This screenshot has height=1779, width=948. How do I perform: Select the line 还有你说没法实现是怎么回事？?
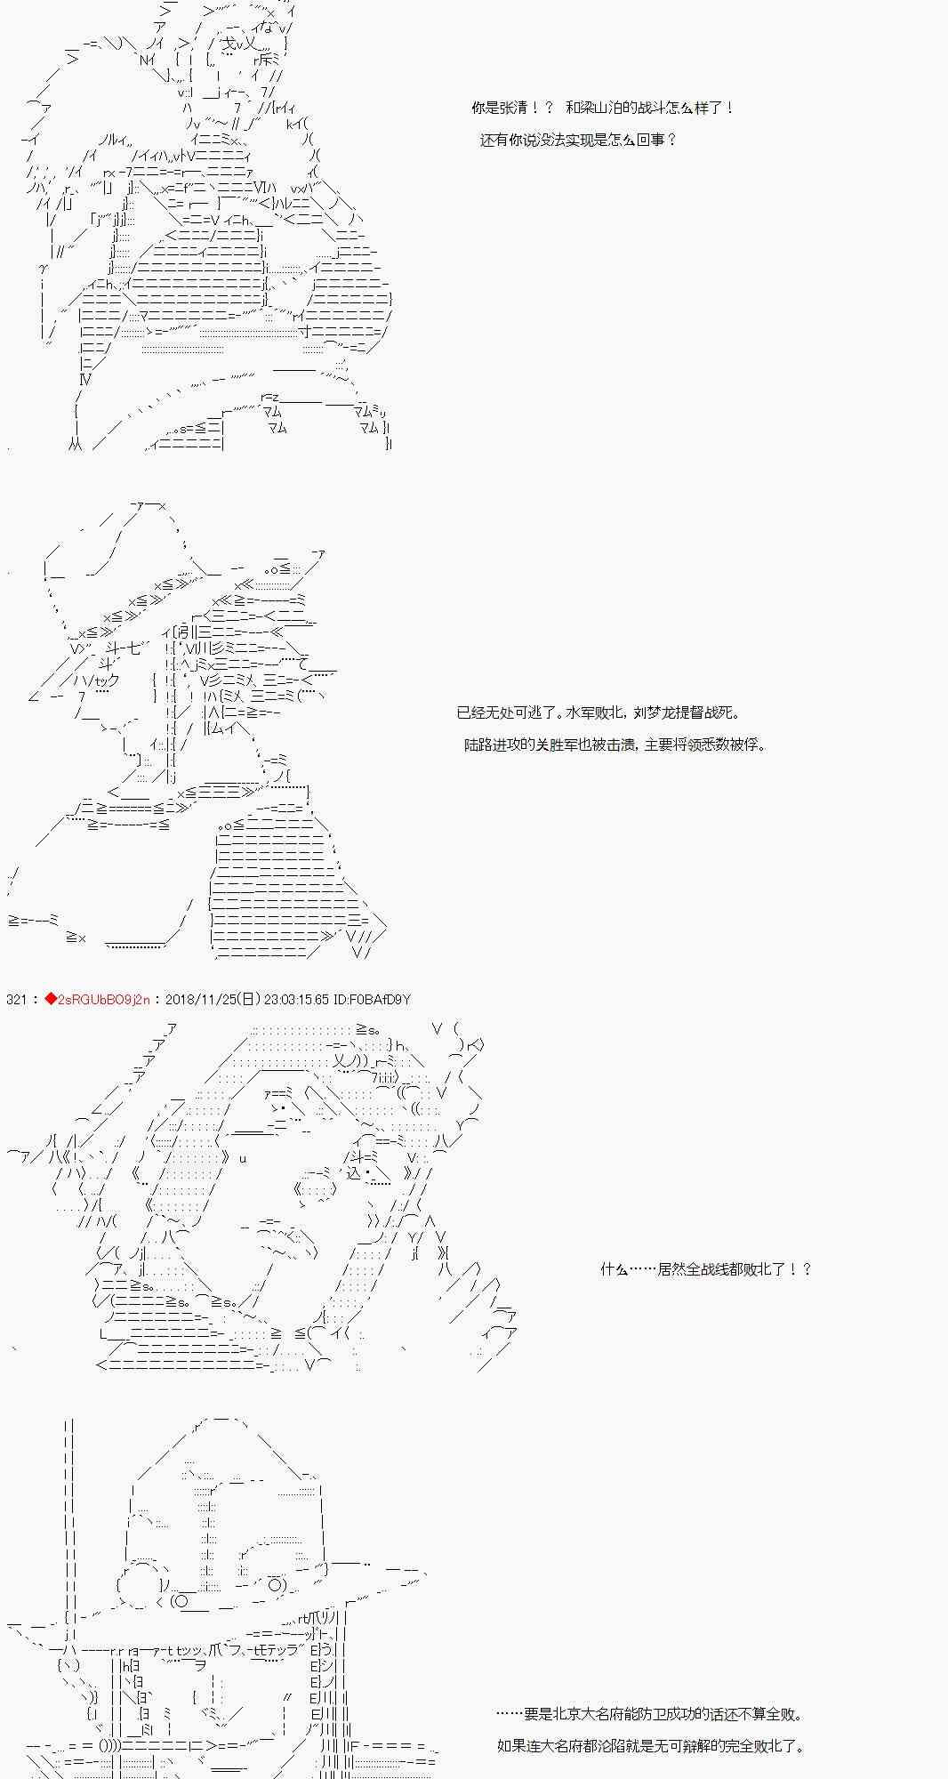(578, 140)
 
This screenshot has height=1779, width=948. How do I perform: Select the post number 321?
(16, 1000)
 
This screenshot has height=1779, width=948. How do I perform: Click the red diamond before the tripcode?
(51, 1000)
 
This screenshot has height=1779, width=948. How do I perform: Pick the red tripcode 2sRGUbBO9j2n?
(103, 1000)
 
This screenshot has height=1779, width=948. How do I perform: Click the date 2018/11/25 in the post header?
(198, 1000)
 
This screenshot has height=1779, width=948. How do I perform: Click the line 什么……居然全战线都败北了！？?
(706, 1269)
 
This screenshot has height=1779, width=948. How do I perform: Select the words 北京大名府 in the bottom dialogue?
(586, 1714)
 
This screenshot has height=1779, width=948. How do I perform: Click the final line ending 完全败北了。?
(650, 1746)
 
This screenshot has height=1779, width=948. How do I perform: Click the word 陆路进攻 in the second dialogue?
(491, 745)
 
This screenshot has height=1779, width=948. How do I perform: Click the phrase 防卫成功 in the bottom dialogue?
(680, 1714)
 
